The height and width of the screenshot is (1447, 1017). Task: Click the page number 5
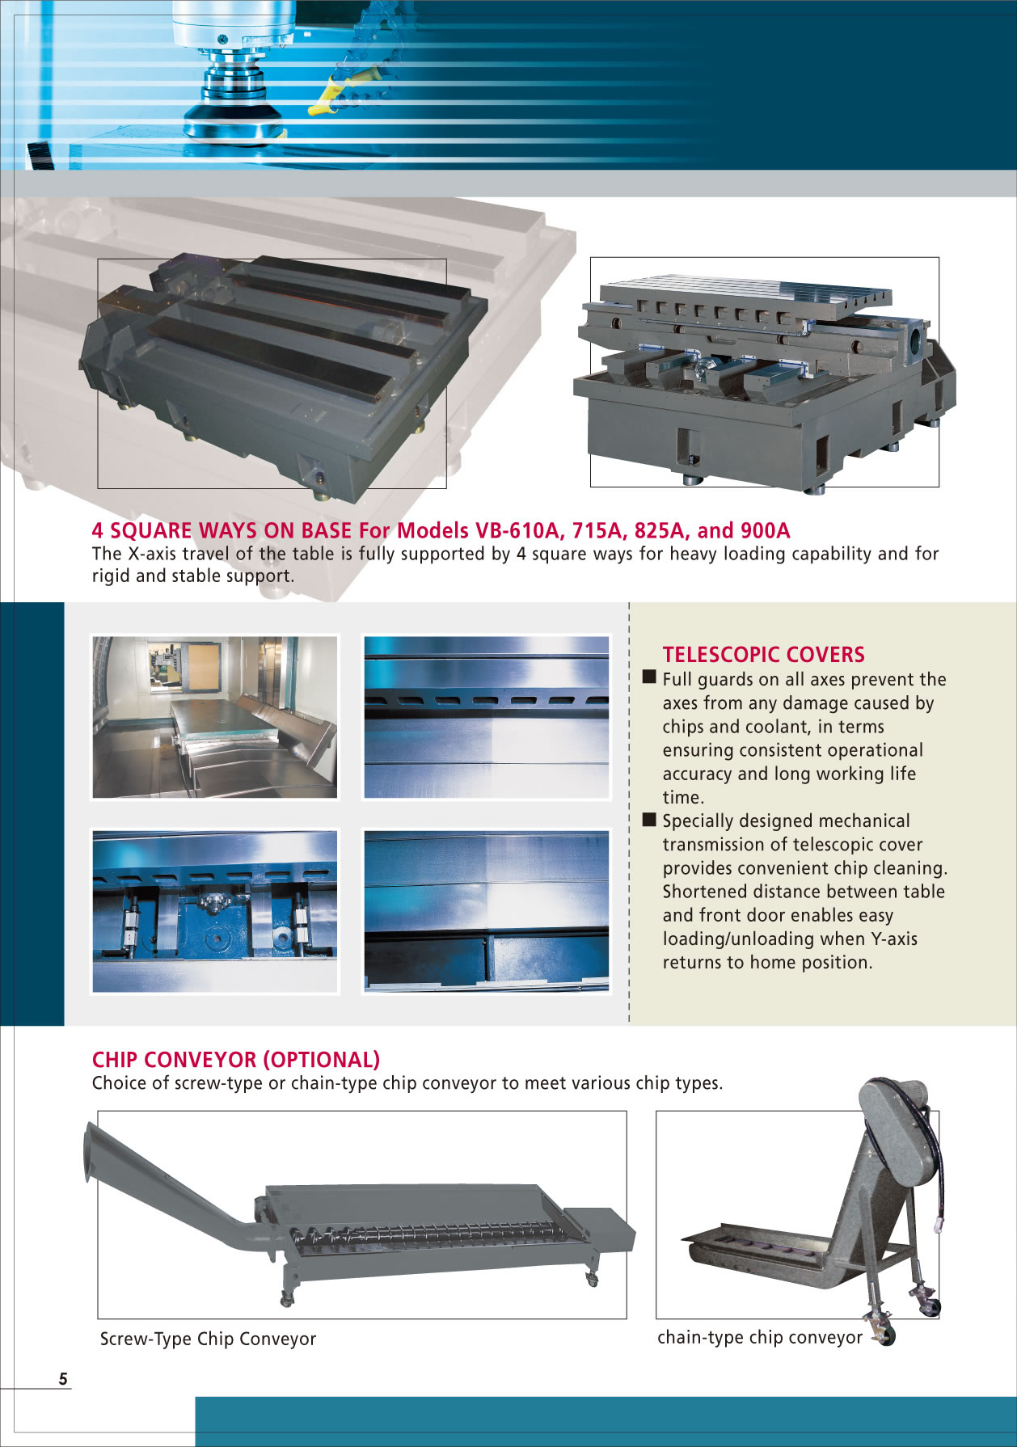click(x=63, y=1379)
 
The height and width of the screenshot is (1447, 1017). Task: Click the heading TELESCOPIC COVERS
click(x=763, y=655)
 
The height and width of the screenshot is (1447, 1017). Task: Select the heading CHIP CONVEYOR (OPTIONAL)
click(x=236, y=1060)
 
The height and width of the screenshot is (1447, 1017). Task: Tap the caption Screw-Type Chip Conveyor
click(x=208, y=1339)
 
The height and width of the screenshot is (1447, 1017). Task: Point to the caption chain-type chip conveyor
click(x=760, y=1337)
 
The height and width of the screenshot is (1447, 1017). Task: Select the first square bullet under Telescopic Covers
click(x=649, y=677)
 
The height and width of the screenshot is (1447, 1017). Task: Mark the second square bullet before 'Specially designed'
click(x=649, y=819)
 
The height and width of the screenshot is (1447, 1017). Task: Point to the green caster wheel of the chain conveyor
click(x=887, y=1335)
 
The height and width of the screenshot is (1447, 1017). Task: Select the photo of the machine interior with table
click(x=215, y=717)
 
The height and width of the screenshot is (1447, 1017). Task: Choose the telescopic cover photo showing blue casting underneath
click(x=215, y=911)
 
